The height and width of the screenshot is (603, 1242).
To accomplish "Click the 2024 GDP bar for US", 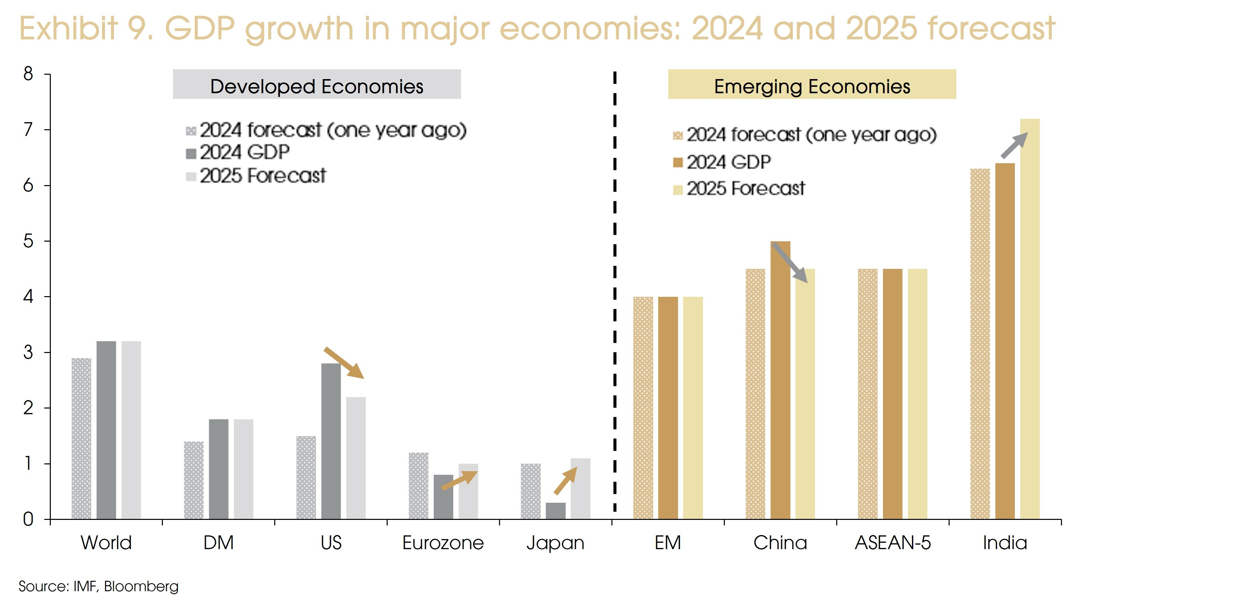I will [x=331, y=441].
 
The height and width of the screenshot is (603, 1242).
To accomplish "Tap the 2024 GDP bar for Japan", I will [x=556, y=511].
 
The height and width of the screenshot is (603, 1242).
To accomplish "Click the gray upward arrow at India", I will [x=1014, y=145].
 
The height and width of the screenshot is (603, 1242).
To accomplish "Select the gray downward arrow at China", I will [x=790, y=263].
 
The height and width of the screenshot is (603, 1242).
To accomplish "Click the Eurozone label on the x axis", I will [x=442, y=543].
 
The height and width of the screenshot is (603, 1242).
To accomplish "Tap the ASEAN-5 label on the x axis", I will [x=892, y=543].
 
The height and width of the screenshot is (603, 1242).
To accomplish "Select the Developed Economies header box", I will [x=317, y=85].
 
